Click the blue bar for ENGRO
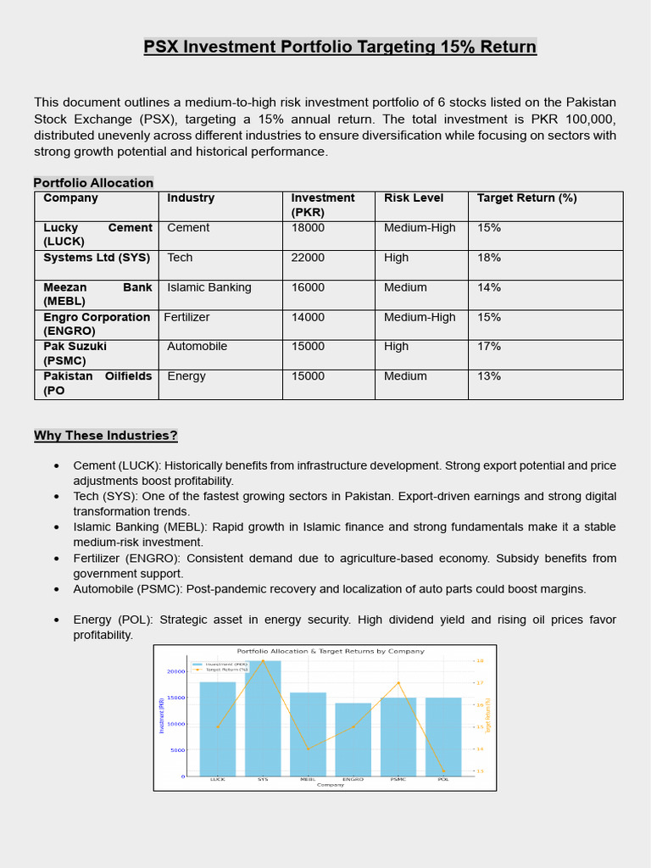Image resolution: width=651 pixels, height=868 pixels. click(x=353, y=739)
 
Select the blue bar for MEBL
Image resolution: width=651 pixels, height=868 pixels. click(x=308, y=734)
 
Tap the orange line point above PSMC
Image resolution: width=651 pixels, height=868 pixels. click(x=398, y=683)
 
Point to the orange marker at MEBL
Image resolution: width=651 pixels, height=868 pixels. click(x=308, y=749)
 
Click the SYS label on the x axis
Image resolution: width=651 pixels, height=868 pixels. click(x=263, y=779)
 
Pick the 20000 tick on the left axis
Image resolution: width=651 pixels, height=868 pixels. click(x=175, y=671)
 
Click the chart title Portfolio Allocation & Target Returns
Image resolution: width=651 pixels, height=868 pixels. click(x=330, y=651)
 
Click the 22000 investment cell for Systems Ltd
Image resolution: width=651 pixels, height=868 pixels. click(x=308, y=258)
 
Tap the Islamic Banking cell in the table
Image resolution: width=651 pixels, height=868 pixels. click(x=209, y=287)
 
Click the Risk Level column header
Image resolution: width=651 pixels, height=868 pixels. click(x=414, y=198)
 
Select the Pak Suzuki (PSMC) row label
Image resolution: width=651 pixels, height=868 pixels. click(x=76, y=353)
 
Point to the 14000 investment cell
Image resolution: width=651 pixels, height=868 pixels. click(x=308, y=317)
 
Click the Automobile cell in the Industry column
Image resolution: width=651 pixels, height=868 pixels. click(x=197, y=347)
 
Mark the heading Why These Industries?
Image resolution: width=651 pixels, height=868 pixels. click(x=106, y=436)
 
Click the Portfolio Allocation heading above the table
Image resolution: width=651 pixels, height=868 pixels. click(x=93, y=182)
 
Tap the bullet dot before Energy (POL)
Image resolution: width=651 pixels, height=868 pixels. click(x=56, y=620)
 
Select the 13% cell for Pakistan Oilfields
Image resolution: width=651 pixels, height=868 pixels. click(x=489, y=376)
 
